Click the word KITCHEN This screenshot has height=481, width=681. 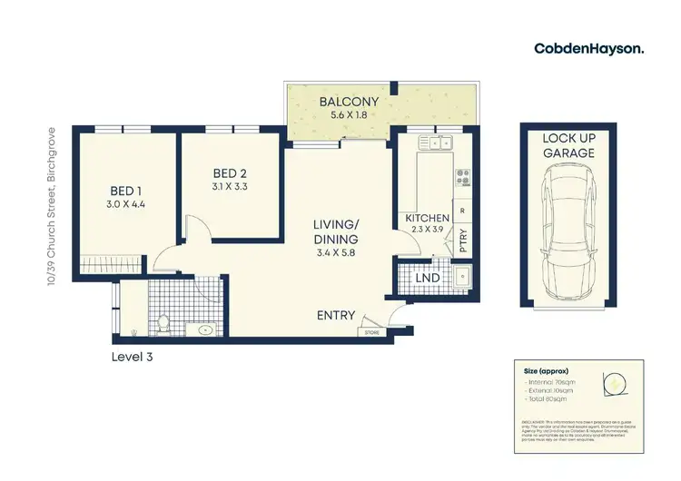coord(422,219)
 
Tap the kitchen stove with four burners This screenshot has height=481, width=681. coord(462,176)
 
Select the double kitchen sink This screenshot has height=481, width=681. coord(436,142)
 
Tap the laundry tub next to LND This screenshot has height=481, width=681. coord(462,277)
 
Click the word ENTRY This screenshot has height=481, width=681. coord(335,315)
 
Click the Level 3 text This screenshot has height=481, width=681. coord(133,357)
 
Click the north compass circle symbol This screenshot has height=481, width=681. coord(615,384)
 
